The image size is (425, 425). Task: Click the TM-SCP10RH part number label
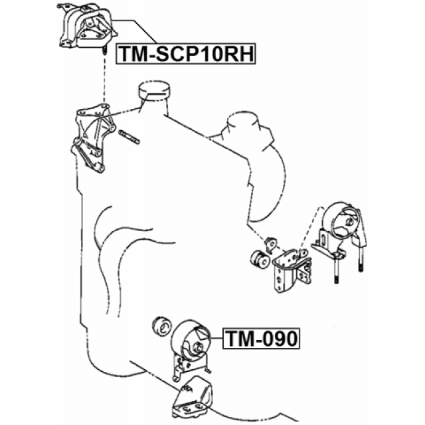point(185,53)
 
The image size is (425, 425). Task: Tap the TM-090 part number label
point(261,339)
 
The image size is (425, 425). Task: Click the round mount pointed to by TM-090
point(193,339)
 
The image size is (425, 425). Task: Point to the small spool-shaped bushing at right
point(260,259)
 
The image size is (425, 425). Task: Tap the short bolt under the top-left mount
point(104,52)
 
